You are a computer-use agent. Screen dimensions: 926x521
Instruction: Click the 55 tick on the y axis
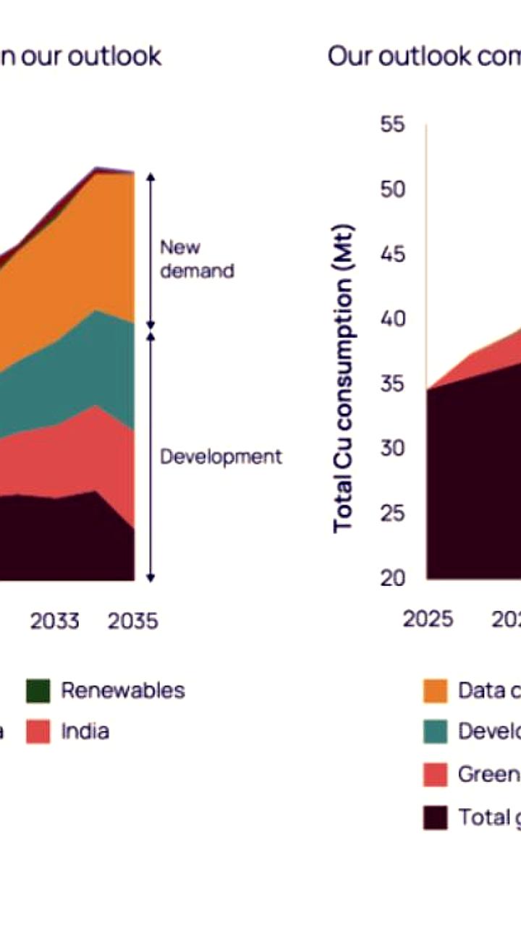(394, 125)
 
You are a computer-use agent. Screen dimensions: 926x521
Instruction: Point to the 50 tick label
(394, 190)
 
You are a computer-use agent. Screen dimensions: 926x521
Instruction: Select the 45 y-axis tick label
(394, 255)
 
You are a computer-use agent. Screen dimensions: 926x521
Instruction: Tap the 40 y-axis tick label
(394, 319)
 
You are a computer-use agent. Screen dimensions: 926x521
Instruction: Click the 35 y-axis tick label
(394, 384)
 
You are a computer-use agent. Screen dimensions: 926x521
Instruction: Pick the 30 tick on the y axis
(394, 449)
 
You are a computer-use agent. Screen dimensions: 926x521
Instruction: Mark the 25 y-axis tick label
(394, 514)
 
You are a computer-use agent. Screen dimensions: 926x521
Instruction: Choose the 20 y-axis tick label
(394, 578)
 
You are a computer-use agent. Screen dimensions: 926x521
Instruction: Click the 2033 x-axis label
(54, 621)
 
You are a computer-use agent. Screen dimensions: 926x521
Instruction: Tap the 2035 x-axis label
(132, 621)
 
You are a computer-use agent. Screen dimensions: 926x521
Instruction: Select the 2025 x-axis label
(428, 619)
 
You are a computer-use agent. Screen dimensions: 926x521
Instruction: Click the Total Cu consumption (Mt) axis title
(344, 380)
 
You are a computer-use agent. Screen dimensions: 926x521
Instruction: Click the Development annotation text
(221, 456)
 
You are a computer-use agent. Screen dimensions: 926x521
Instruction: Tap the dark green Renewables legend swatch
(38, 691)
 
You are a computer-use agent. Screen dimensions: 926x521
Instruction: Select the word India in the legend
(85, 731)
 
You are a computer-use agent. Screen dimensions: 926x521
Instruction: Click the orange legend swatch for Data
(436, 691)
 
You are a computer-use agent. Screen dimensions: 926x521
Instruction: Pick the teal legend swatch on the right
(436, 732)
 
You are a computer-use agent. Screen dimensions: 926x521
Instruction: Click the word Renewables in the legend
(122, 690)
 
